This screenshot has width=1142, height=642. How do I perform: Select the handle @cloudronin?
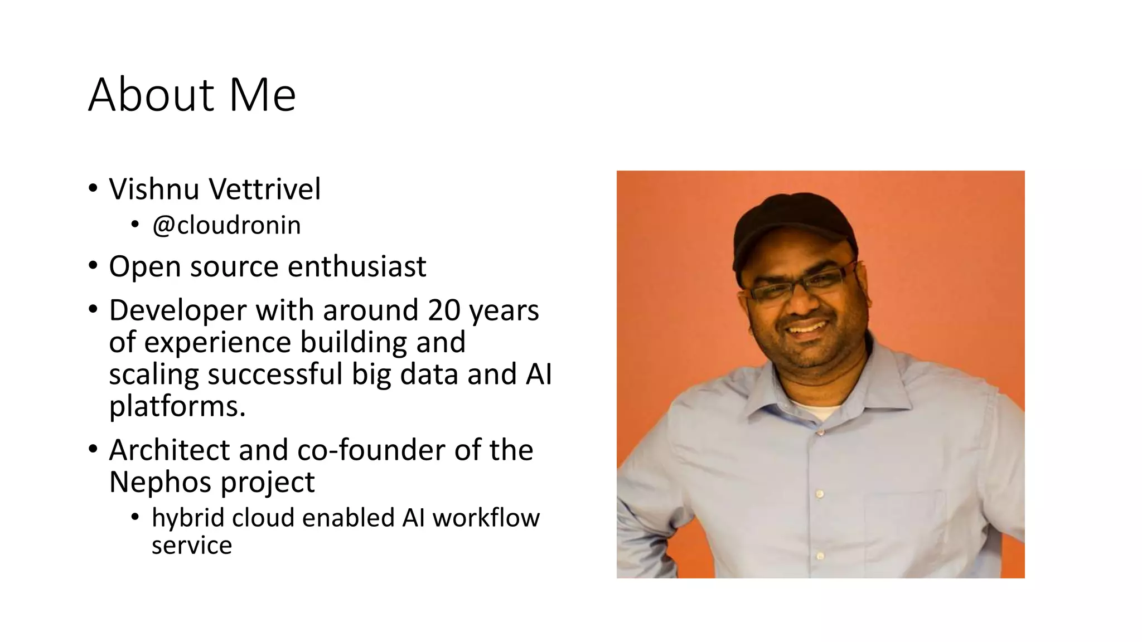click(226, 225)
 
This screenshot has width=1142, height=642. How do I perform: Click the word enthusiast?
click(357, 266)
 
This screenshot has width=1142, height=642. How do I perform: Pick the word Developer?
click(177, 310)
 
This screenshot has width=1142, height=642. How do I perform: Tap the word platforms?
click(177, 406)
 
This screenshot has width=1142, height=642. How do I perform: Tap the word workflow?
click(486, 518)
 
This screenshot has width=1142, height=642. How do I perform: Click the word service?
click(191, 545)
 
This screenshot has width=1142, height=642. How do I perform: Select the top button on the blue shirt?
click(820, 432)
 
